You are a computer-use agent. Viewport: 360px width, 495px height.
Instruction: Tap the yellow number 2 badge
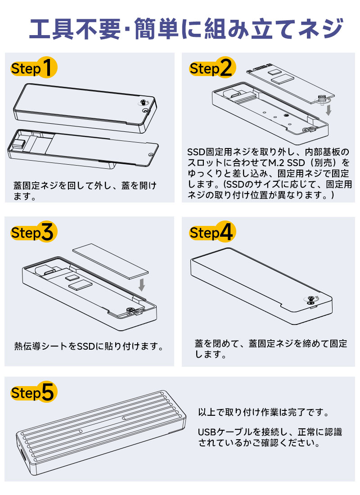[226, 68]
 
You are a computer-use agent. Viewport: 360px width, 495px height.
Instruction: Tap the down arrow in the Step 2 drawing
[329, 109]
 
